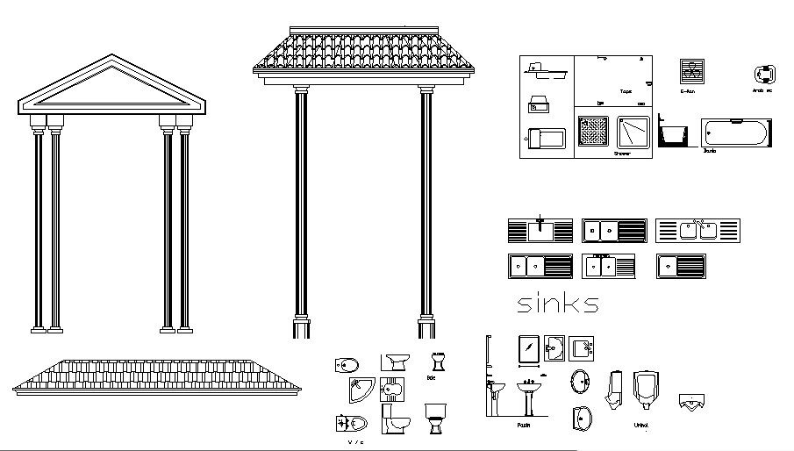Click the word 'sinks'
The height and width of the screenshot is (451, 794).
tap(557, 304)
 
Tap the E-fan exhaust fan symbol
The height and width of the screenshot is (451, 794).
tap(692, 71)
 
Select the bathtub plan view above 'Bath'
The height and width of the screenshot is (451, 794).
tap(735, 133)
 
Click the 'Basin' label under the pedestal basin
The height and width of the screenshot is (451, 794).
tap(523, 426)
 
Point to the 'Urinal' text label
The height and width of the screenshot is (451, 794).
tap(641, 426)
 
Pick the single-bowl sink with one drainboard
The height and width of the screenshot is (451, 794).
tap(680, 267)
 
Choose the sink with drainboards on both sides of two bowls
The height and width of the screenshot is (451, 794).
tap(697, 231)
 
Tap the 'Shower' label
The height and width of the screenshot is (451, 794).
tap(621, 154)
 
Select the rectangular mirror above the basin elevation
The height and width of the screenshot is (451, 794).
tap(529, 348)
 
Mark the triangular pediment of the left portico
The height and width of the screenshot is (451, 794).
tap(111, 86)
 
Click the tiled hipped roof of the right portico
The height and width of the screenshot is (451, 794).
tap(362, 52)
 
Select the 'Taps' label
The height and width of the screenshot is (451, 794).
tap(626, 91)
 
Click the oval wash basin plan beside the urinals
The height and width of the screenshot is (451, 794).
tap(580, 381)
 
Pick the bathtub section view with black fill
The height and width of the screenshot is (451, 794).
tap(673, 134)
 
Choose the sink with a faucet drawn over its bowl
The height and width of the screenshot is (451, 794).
tap(540, 231)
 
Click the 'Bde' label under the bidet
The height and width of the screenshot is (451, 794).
tap(431, 378)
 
